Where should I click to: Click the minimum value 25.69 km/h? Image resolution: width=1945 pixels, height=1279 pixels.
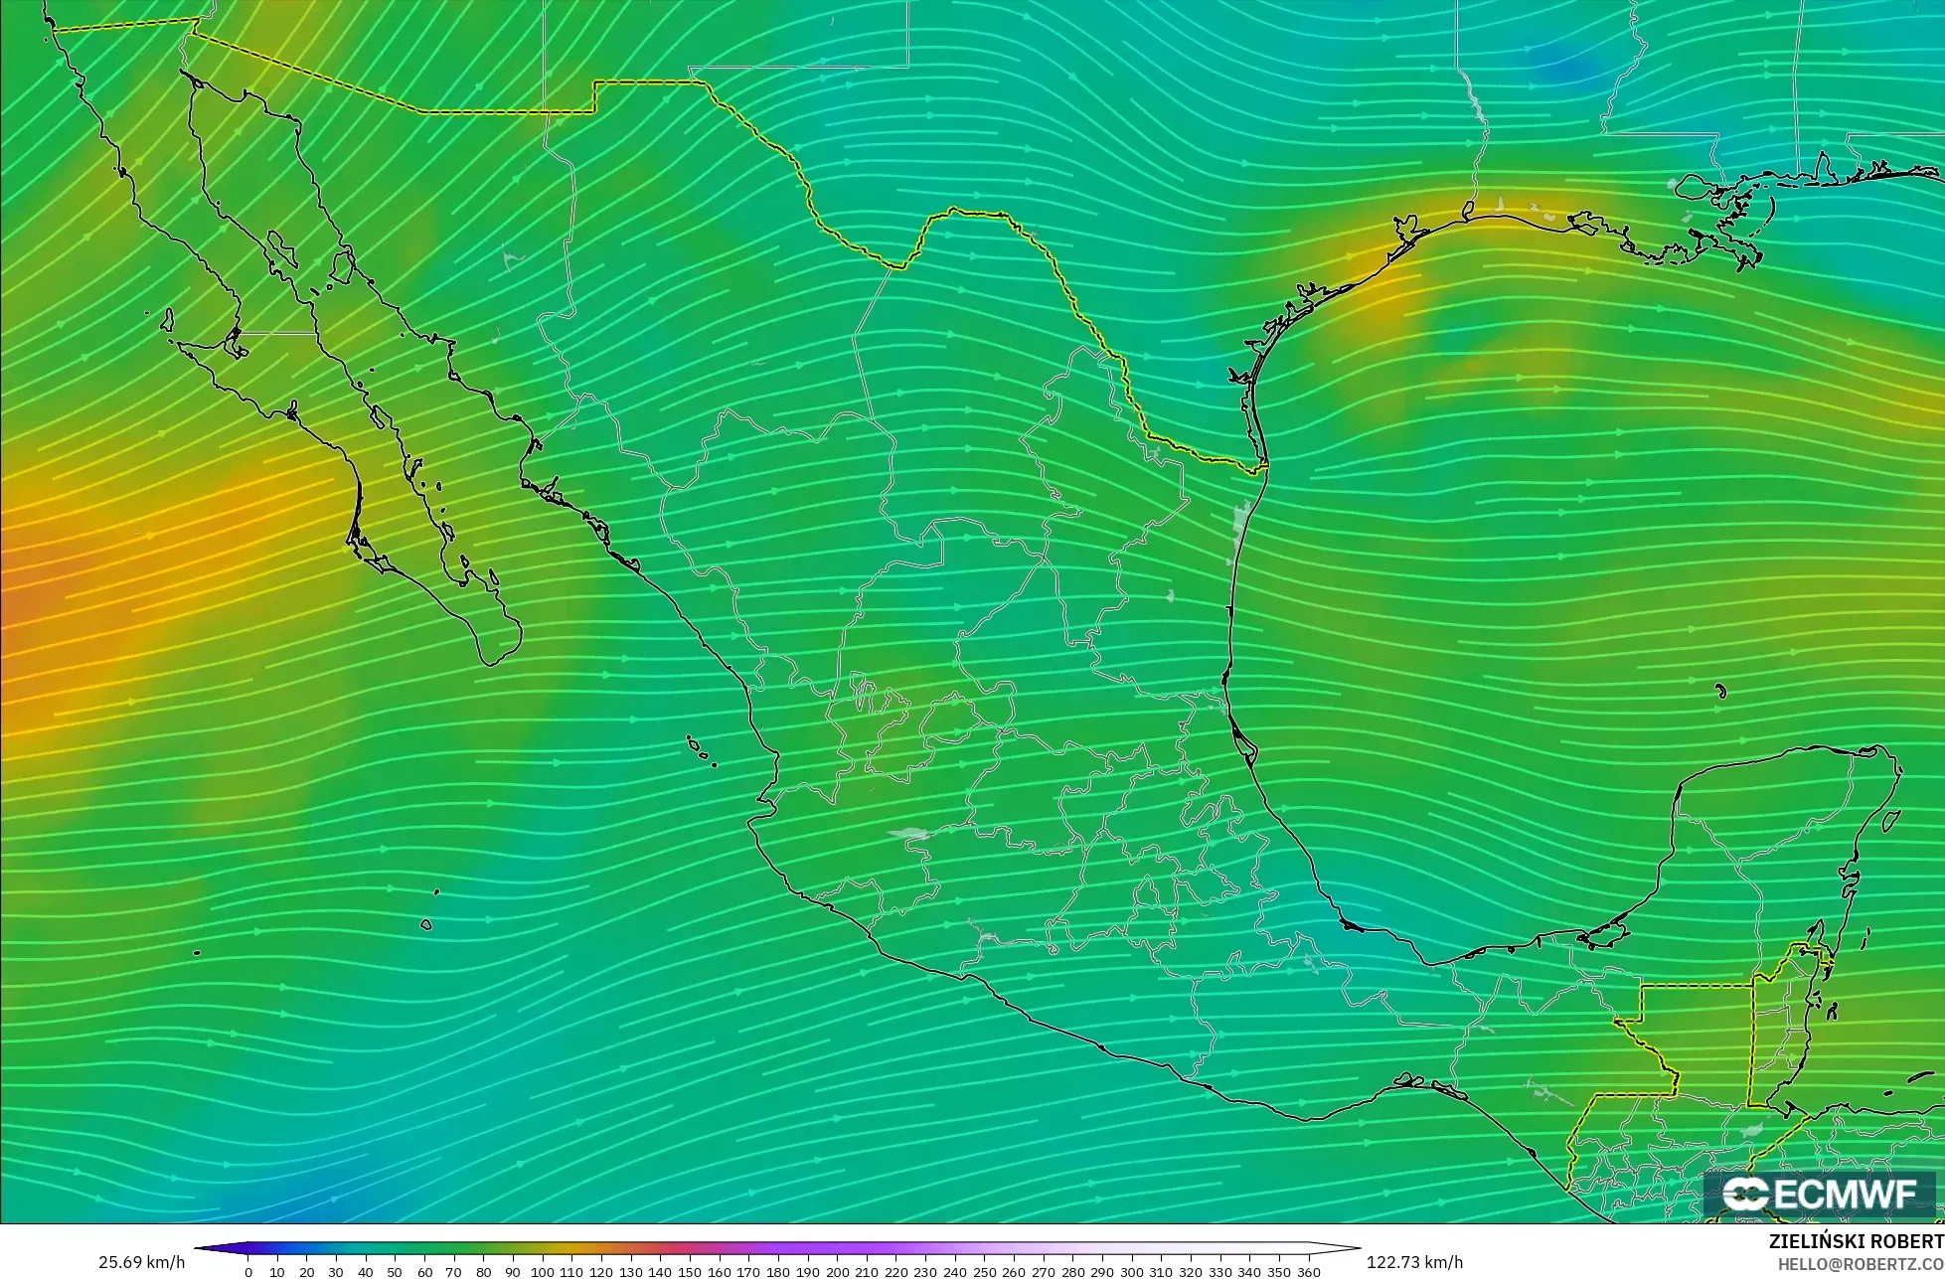[x=141, y=1262]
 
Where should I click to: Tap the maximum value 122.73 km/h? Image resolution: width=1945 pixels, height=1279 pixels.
[x=1414, y=1262]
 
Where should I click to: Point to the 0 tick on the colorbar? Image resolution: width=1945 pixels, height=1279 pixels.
[x=247, y=1271]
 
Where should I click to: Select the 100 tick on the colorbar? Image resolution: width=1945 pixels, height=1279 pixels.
[x=542, y=1271]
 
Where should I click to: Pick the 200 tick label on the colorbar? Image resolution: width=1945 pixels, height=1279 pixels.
[x=837, y=1271]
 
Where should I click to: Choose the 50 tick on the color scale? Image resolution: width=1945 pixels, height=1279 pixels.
[x=395, y=1271]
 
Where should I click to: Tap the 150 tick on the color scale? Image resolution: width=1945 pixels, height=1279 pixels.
[x=690, y=1271]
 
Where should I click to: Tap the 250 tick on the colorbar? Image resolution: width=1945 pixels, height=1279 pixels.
[x=984, y=1271]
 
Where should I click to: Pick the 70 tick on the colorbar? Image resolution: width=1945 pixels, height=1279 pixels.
[x=453, y=1271]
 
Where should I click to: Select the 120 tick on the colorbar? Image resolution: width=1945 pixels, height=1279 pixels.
[x=601, y=1271]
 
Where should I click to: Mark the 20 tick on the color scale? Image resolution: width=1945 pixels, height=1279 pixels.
[x=306, y=1271]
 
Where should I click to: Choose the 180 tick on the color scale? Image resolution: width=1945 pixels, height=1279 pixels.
[x=778, y=1271]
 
